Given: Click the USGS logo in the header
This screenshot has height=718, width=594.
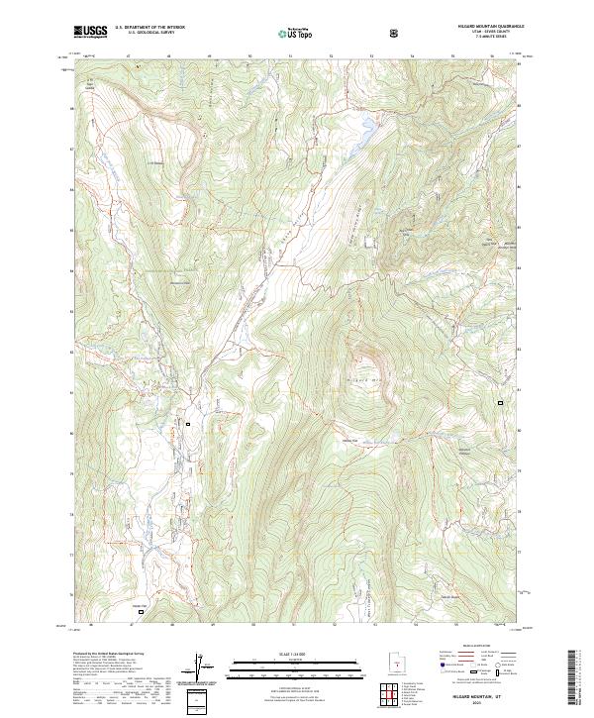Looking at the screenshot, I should pos(90,32).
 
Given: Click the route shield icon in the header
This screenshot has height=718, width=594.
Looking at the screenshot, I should pos(396,33).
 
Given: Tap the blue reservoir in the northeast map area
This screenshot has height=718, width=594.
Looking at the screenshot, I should pos(365,127).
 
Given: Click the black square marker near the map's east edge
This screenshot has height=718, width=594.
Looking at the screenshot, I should pos(500,403).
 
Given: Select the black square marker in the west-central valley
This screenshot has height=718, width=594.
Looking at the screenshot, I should pos(188,424).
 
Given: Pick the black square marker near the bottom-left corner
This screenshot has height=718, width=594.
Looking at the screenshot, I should pos(140,612).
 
